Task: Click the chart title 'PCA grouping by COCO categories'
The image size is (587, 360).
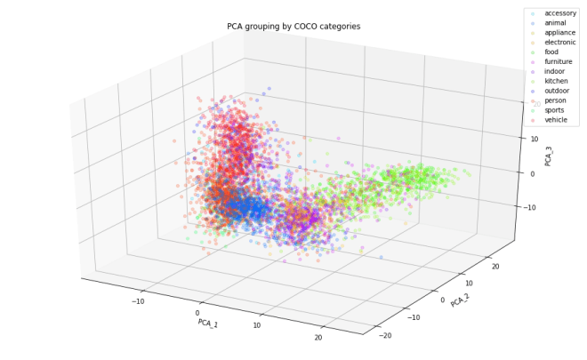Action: pyautogui.click(x=293, y=27)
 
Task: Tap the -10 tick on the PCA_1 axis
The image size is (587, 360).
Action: pyautogui.click(x=138, y=301)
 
